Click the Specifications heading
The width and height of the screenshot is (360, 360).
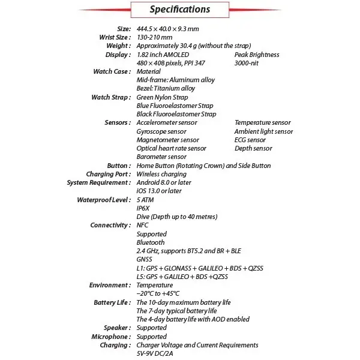point(179,10)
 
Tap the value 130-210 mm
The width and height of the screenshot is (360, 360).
point(154,37)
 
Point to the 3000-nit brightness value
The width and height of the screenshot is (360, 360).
point(250,63)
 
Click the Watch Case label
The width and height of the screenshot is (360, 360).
point(112,71)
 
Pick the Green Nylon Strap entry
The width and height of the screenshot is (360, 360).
point(162,97)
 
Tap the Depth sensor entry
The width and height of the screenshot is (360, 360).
point(253,148)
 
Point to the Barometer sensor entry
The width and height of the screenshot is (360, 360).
point(161,157)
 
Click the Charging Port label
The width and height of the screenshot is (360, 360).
point(108,174)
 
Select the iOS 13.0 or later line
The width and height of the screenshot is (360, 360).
point(159,191)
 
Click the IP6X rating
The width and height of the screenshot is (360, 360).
point(144,208)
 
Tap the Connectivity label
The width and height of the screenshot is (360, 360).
point(110,225)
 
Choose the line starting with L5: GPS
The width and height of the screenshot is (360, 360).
point(182,277)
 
